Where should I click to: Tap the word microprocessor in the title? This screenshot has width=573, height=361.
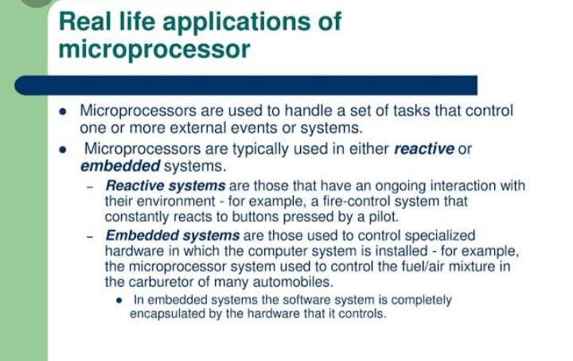pos(154,50)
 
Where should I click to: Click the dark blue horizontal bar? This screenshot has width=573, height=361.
pos(246,85)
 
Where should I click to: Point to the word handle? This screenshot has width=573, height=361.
pos(309,111)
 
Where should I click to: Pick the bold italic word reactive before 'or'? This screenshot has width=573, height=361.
pos(424,149)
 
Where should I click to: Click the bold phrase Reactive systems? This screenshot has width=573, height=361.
pos(166,186)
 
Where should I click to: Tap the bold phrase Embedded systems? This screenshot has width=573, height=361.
pos(173,236)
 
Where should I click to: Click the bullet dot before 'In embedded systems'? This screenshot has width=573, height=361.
pos(119,301)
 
